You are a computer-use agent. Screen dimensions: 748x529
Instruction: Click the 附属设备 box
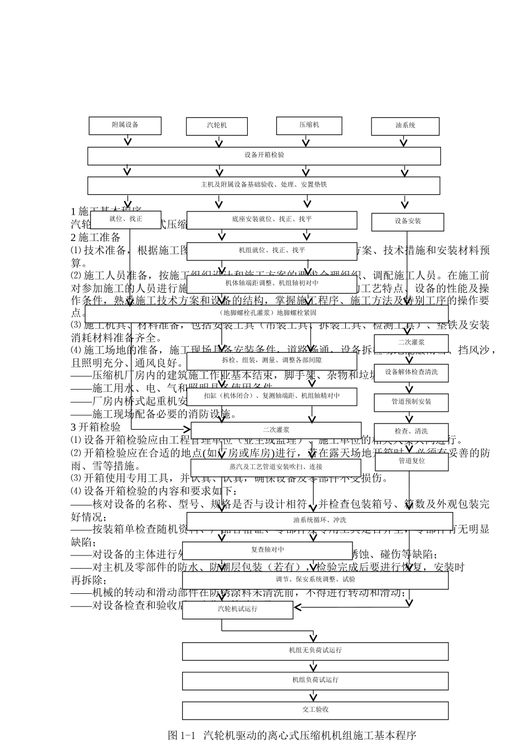point(125,125)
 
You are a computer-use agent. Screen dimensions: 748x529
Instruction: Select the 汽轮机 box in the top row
point(216,126)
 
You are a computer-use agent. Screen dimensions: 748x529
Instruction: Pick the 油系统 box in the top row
point(405,126)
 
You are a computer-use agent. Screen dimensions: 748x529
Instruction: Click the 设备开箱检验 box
point(264,155)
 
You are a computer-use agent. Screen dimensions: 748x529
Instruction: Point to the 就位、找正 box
point(126,219)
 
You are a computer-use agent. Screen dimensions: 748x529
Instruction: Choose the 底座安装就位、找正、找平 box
point(272,220)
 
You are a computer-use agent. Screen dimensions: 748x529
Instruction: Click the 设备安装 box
point(408,222)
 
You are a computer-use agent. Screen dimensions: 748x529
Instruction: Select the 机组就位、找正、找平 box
point(272,251)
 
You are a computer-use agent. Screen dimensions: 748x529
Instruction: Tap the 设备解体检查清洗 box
point(411,372)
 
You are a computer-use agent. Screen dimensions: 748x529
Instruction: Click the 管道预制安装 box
point(411,401)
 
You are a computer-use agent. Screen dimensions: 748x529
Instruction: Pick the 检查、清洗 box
point(411,431)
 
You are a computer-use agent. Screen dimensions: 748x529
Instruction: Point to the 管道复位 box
point(411,461)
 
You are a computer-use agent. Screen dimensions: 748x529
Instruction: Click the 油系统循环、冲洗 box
point(320,520)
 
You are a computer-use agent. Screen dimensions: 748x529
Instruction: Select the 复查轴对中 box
point(268,550)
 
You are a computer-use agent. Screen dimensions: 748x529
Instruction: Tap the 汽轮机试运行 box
point(238,609)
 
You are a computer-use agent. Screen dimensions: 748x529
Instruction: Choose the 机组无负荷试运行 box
point(315,651)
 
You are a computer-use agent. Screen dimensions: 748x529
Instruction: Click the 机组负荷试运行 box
point(315,680)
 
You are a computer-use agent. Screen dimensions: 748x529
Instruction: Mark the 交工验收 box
point(315,710)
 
